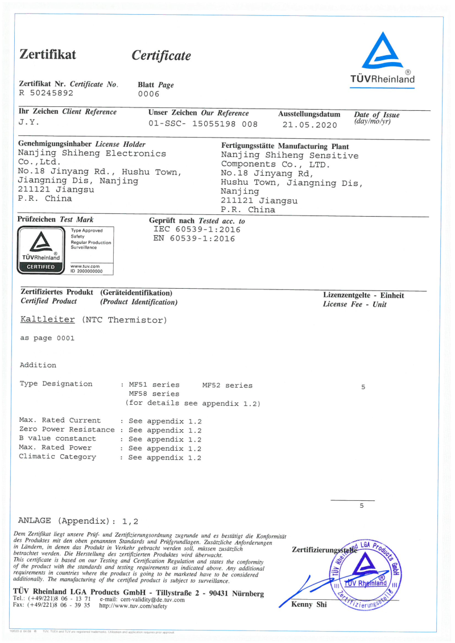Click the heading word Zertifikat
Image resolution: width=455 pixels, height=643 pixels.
(x=48, y=55)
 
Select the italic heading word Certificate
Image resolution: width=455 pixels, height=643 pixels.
(x=161, y=56)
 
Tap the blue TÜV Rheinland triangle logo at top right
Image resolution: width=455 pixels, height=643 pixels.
(x=382, y=51)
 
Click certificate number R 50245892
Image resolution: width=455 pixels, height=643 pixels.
(x=46, y=93)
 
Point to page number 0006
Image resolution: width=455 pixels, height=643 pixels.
(x=149, y=94)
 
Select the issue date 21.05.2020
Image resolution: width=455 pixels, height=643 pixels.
(x=309, y=125)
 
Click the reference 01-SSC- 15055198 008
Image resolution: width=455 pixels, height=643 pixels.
(x=202, y=123)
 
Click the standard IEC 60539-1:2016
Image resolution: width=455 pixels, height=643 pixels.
(x=193, y=230)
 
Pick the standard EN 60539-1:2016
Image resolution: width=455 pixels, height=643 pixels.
(x=194, y=239)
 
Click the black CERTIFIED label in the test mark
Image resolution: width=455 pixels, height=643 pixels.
(x=41, y=267)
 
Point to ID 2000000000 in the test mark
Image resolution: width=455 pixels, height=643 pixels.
(x=86, y=271)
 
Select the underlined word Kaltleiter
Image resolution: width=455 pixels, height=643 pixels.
(x=47, y=320)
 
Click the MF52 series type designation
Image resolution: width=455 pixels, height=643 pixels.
(x=227, y=385)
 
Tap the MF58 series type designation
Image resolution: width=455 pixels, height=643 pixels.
(x=154, y=394)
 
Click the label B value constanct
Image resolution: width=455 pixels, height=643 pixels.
(x=57, y=439)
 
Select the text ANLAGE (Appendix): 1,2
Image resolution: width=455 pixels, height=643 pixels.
(x=78, y=520)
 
